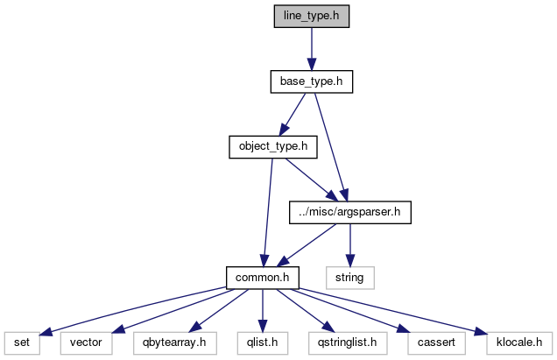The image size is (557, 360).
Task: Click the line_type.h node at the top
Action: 310,17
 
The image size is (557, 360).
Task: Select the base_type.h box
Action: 310,81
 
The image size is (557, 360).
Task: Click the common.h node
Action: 263,277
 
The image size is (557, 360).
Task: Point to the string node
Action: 351,277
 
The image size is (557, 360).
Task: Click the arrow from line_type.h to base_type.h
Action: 310,49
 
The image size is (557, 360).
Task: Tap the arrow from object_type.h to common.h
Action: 266,211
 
